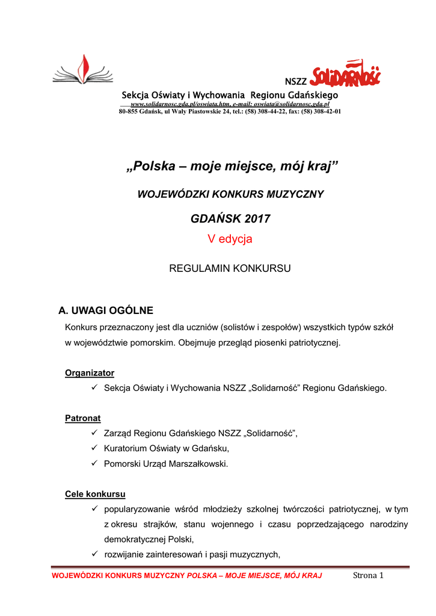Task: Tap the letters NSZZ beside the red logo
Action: pyautogui.click(x=295, y=82)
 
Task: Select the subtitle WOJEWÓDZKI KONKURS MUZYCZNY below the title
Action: pyautogui.click(x=231, y=194)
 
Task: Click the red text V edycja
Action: pyautogui.click(x=230, y=239)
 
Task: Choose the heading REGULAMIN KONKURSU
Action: pyautogui.click(x=230, y=268)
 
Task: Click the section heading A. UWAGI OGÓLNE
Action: pyautogui.click(x=105, y=310)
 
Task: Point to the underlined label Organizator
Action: pyautogui.click(x=90, y=373)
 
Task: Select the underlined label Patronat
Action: pyautogui.click(x=83, y=418)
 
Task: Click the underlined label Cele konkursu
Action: pyautogui.click(x=95, y=494)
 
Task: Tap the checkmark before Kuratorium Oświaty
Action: pyautogui.click(x=94, y=448)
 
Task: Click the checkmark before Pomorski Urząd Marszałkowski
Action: pyautogui.click(x=94, y=464)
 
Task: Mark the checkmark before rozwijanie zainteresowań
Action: pyautogui.click(x=94, y=555)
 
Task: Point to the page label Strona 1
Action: pyautogui.click(x=368, y=576)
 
